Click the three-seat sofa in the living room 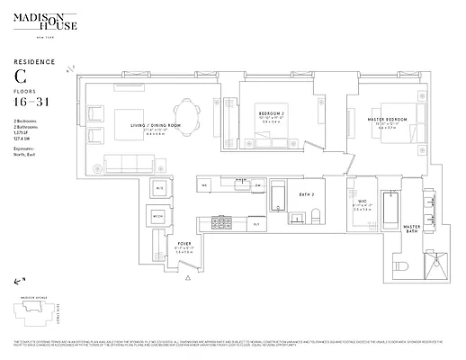pos(129,164)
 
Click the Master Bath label pos(411,229)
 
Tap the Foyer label pos(184,243)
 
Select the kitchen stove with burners pos(220,220)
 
